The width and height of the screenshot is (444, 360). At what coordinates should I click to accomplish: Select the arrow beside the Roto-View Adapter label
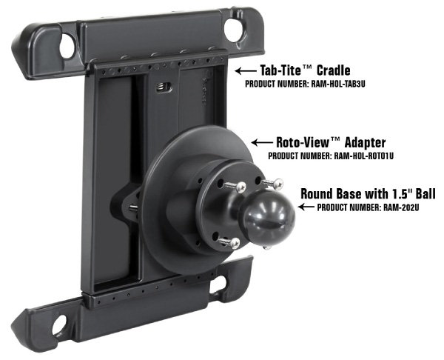click(x=262, y=142)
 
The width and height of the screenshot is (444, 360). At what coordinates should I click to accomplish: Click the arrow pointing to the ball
click(x=306, y=207)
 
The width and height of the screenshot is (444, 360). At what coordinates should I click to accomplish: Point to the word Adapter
click(x=365, y=142)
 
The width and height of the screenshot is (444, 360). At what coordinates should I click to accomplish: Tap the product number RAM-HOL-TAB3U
click(x=337, y=84)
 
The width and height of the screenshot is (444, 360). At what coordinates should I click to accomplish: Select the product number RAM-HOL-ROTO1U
click(x=363, y=156)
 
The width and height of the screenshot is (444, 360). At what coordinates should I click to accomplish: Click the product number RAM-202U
click(x=401, y=208)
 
